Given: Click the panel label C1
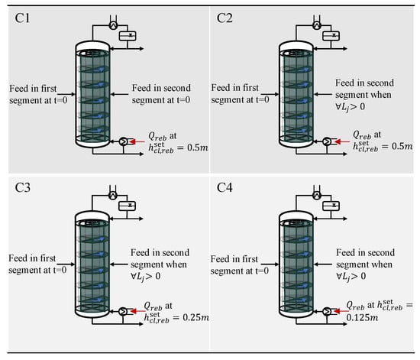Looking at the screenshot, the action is pos(22,18).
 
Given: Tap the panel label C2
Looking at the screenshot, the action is pos(225,18).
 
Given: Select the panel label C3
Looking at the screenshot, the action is pos(22,187).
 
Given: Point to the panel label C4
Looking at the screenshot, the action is pos(225,187).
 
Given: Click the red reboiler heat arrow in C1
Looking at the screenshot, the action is pos(137,141).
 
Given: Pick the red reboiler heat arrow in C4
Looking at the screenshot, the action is pos(342,311).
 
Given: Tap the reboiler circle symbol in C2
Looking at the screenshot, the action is pos(327,141).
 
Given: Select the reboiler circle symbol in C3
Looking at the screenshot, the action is pos(123,311).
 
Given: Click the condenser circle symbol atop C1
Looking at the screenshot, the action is pos(113,25).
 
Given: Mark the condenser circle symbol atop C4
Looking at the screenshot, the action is pos(317,196).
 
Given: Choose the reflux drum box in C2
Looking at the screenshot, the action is pos(331,36).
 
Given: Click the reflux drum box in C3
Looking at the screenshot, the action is pos(128,206).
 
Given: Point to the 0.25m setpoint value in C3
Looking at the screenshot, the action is pos(195,317).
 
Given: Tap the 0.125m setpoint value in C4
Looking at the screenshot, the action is pos(362,318).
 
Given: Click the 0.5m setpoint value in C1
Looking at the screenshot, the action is pos(198,148).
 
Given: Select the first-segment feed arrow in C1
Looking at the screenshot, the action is pos(66,94).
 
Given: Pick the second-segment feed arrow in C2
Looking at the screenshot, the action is pos(323,94).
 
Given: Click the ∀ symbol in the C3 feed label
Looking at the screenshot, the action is pos(134,276).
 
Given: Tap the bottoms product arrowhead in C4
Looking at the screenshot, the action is pos(344,324).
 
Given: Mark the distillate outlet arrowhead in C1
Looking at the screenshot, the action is pos(141,48).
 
